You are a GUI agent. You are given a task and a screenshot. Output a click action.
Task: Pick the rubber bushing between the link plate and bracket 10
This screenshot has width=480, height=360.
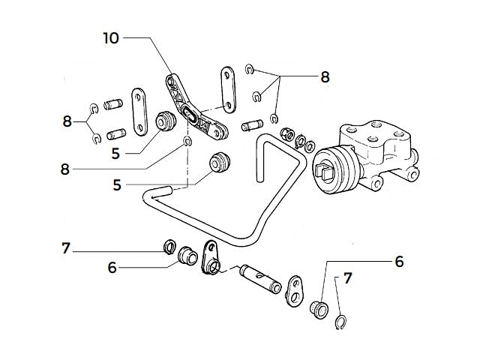point(163,120)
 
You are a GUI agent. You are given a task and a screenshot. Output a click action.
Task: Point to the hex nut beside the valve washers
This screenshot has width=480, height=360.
point(286,135)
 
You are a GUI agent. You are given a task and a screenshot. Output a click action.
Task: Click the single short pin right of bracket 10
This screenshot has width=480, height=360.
point(250,126)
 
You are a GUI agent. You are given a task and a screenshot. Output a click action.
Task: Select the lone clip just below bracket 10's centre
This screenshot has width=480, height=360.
point(187,142)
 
